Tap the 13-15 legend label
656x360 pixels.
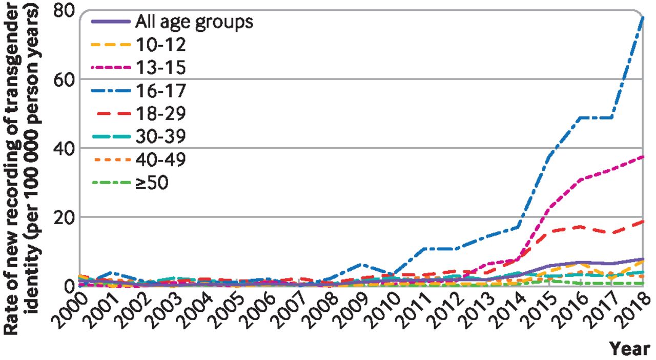click(x=160, y=68)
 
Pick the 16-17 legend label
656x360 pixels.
click(x=160, y=91)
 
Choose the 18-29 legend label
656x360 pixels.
click(x=160, y=114)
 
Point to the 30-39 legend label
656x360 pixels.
click(x=160, y=137)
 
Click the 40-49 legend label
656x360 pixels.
click(x=160, y=160)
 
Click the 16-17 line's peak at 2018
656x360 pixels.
click(x=643, y=17)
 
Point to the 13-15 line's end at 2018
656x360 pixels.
click(x=643, y=156)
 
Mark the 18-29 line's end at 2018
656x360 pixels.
click(x=643, y=221)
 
